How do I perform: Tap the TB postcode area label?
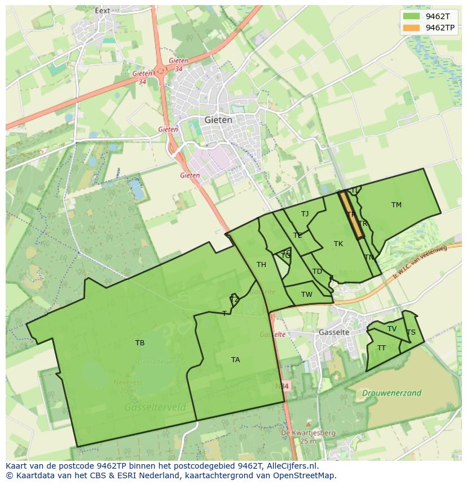click(140, 342)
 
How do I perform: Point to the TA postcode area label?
click(235, 359)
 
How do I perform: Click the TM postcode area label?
click(396, 205)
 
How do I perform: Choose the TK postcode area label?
click(338, 244)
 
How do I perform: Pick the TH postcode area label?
click(261, 265)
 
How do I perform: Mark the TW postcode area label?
click(306, 295)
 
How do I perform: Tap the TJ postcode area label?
click(305, 214)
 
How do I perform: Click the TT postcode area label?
click(382, 348)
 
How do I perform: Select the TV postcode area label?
click(392, 329)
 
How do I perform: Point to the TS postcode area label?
click(411, 332)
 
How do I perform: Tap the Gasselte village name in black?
click(334, 332)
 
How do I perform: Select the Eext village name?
click(103, 10)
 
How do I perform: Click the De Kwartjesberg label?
click(309, 433)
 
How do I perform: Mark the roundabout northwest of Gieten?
click(161, 70)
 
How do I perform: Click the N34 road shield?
click(283, 386)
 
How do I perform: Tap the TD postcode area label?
click(317, 272)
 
